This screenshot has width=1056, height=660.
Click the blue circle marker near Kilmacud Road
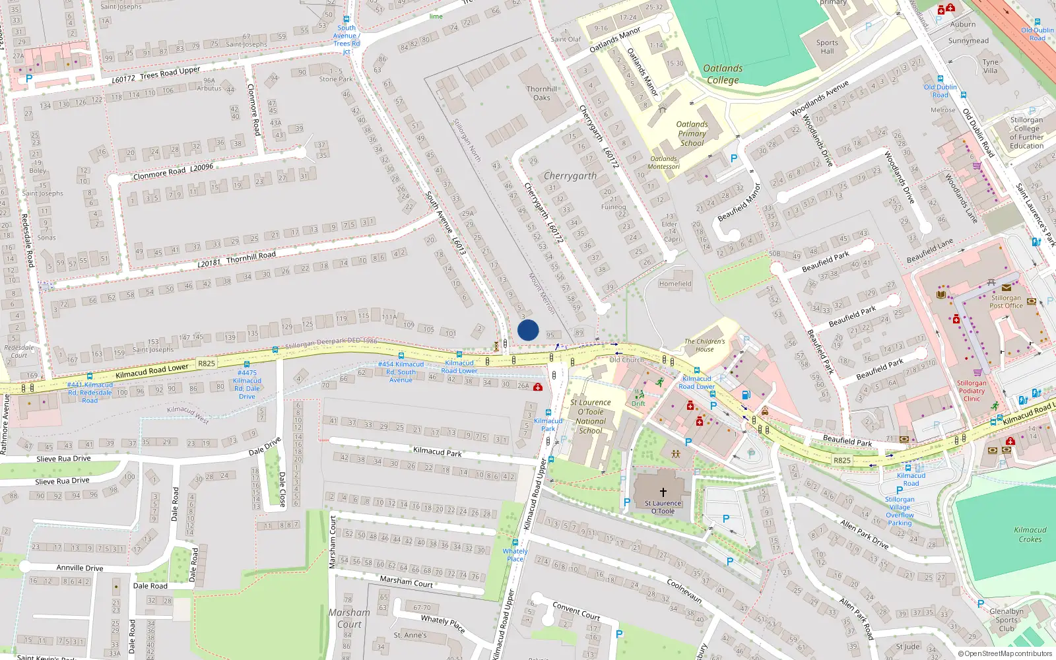click(528, 330)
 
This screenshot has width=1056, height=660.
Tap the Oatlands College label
click(723, 74)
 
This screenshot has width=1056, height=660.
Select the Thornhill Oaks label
click(542, 93)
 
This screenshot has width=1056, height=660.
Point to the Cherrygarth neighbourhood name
click(570, 176)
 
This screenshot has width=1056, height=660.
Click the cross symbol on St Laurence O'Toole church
click(663, 492)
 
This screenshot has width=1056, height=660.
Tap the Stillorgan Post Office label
click(1006, 302)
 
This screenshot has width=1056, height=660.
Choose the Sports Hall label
click(827, 47)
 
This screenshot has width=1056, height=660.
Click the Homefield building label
click(675, 284)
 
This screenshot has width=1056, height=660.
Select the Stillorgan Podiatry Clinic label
click(972, 391)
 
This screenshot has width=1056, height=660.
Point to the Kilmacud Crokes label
click(1030, 535)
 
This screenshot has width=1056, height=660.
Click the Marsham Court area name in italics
click(349, 618)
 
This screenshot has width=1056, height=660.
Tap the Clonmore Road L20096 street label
click(173, 172)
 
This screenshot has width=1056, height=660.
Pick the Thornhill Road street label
click(251, 257)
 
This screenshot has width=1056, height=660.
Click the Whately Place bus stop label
click(515, 555)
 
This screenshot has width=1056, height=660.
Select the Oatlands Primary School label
click(692, 133)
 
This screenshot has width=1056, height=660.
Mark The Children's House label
click(704, 345)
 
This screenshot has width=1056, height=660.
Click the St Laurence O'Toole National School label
click(591, 416)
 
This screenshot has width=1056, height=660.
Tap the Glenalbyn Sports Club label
click(1006, 620)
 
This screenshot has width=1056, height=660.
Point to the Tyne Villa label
click(991, 66)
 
